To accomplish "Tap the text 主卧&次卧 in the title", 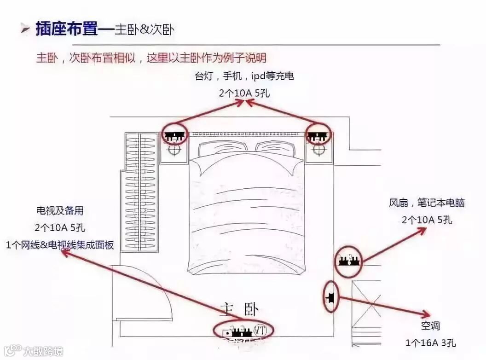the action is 144,29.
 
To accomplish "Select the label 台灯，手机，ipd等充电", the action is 244,76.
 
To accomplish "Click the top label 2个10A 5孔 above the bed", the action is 244,93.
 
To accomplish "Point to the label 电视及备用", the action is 60,211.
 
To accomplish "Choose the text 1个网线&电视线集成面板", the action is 60,245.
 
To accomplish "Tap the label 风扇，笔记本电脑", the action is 427,203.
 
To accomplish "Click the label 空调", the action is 430,326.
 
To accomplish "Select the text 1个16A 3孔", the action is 430,343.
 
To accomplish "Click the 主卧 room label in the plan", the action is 239,309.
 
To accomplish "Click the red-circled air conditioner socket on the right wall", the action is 330,297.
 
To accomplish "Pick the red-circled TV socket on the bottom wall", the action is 243,330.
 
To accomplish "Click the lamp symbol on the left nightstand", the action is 174,151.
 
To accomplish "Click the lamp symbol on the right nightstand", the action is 318,151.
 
